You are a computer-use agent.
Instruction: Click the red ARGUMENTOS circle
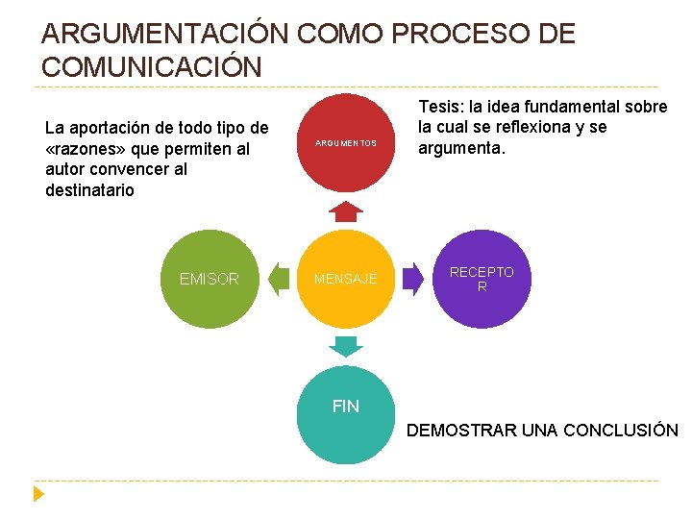346,142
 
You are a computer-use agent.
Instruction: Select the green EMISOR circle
209,279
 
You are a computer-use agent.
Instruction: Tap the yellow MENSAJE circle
346,279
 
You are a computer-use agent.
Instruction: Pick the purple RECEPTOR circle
482,279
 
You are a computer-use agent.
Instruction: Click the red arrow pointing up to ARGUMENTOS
346,211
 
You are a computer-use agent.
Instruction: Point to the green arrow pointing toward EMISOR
279,279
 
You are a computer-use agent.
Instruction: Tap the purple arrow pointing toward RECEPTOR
413,279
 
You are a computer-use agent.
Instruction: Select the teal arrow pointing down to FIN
346,345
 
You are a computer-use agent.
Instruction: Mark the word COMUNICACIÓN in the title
151,67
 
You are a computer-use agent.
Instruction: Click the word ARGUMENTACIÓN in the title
164,35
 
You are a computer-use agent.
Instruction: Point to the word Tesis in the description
438,107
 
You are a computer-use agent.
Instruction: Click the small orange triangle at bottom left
38,494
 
